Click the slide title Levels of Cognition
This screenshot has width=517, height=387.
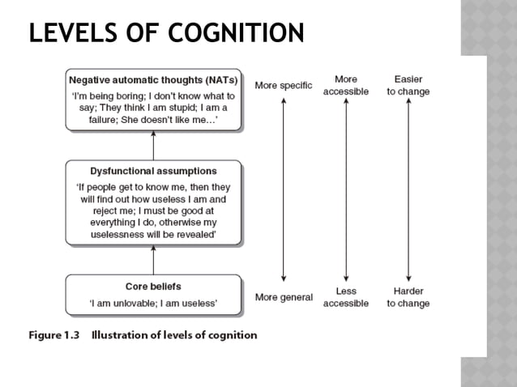pos(166,33)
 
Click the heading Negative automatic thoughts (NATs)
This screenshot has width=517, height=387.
pos(153,80)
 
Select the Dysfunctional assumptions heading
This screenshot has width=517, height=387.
pos(153,171)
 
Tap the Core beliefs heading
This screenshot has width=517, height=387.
pos(153,287)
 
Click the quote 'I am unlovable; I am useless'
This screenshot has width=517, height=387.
pos(153,304)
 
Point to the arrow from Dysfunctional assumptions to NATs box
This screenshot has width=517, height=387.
pos(153,145)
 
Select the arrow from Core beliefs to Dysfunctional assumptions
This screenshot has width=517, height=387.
pos(153,260)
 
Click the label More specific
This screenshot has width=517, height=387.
pos(284,85)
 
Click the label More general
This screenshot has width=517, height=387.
pos(284,297)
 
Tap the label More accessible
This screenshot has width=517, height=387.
pos(346,85)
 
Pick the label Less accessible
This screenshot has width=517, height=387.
pos(346,297)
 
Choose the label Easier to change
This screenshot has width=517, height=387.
pos(408,85)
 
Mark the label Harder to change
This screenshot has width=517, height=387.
pos(408,297)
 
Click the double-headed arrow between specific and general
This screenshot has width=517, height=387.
pos(284,190)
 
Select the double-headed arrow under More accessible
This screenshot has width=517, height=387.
pos(346,190)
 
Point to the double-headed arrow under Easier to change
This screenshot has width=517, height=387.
pos(408,190)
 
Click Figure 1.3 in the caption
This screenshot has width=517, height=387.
pos(55,335)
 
